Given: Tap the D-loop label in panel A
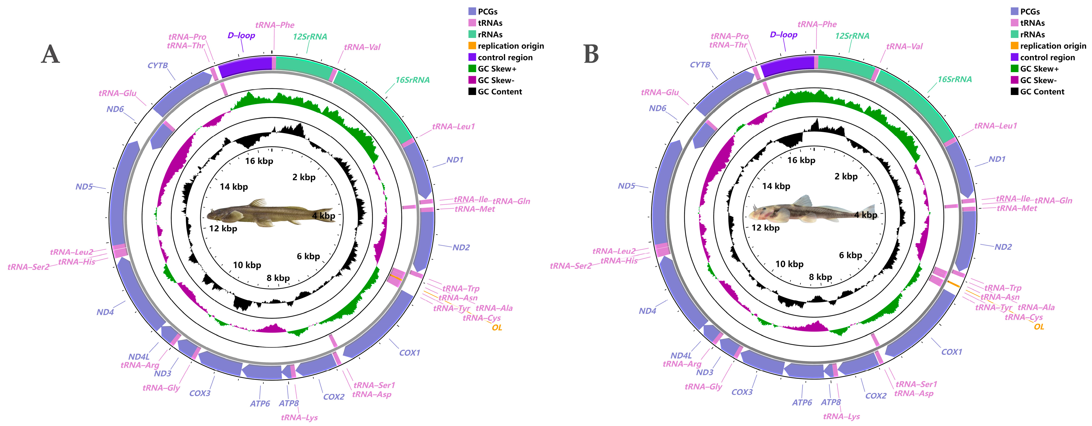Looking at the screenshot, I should tap(241, 35).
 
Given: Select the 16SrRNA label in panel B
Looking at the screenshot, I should tap(954, 79).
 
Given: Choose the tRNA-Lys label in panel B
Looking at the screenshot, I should tap(841, 416).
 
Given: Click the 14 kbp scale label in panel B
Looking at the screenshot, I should tap(776, 186).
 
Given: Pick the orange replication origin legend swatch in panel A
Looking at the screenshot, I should tap(472, 46).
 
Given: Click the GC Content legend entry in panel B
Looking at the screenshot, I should tap(1042, 91).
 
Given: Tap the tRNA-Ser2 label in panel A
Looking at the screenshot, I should tap(28, 267).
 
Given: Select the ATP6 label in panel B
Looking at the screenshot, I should tap(802, 402).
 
